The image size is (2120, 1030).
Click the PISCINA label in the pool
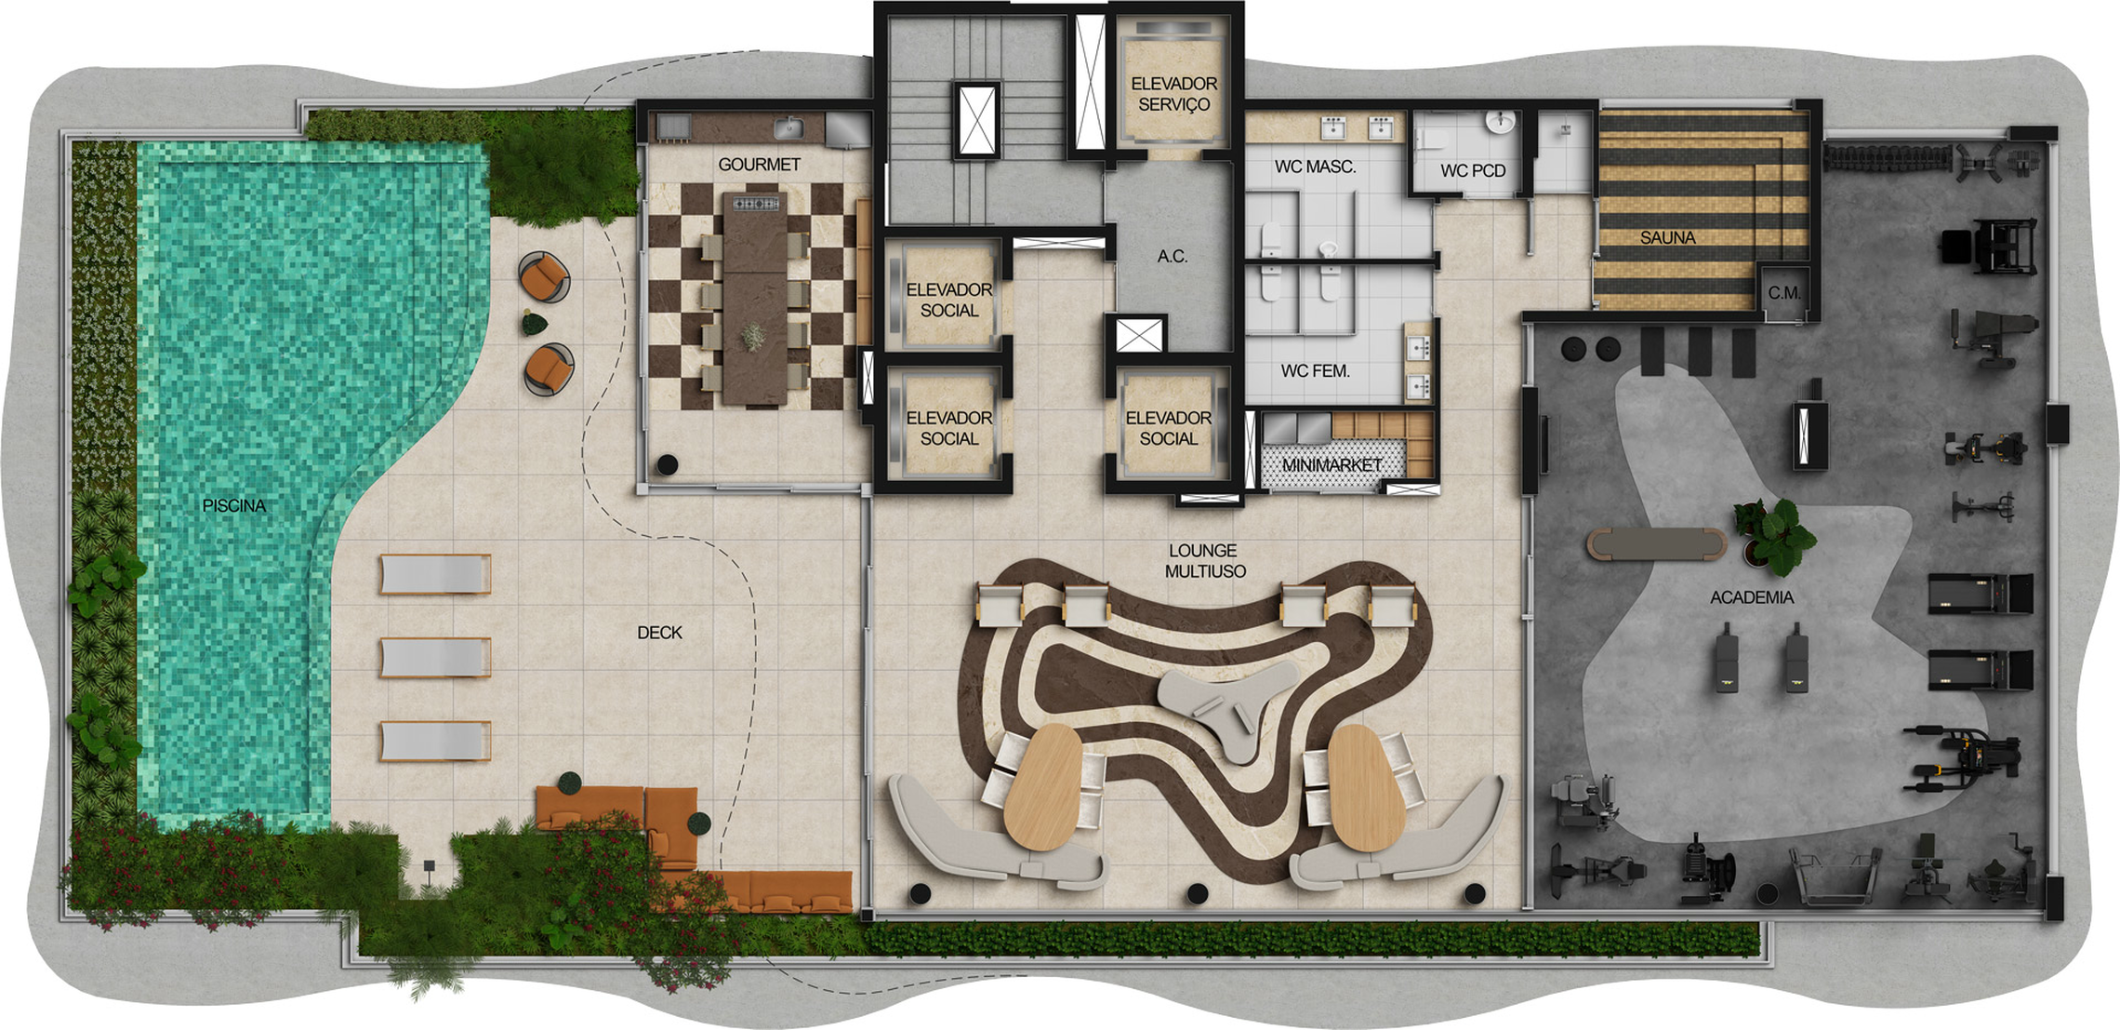234,506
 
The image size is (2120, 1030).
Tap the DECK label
659,633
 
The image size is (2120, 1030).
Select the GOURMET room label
759,165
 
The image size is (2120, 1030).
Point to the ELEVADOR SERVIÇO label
1173,94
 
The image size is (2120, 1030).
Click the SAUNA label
1667,238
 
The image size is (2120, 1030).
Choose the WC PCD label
1473,171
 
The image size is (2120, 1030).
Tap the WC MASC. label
1315,167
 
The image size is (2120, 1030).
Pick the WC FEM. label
1315,371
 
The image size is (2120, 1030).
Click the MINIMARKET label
1332,464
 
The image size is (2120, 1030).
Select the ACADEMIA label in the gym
1752,597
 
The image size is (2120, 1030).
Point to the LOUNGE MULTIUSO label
1204,561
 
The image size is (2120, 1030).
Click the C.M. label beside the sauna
1784,293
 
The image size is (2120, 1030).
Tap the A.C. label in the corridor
1172,257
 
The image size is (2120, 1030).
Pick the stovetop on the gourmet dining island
755,203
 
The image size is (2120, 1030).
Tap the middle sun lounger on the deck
435,657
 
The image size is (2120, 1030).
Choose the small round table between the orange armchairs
535,324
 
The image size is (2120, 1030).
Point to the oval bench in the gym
1656,544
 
